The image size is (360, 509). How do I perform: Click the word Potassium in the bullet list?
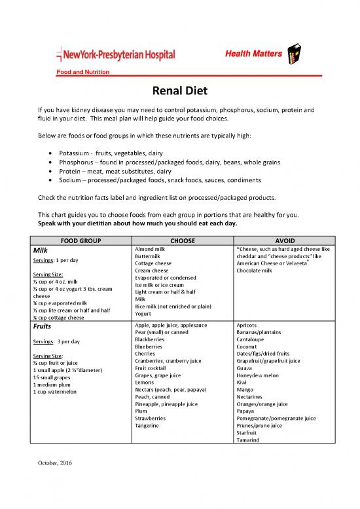(76, 153)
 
